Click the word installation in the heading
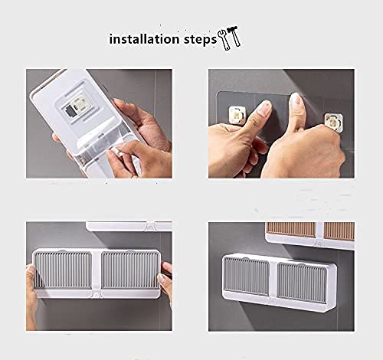(144, 39)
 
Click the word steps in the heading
(200, 40)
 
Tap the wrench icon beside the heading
(224, 40)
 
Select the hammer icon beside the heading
(234, 36)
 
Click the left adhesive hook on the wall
(237, 115)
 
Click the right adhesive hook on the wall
(333, 122)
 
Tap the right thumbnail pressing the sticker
(295, 100)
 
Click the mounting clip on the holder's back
(79, 105)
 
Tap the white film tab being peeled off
(116, 151)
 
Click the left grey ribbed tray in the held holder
(63, 270)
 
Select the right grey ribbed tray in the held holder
(130, 270)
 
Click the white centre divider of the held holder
(97, 273)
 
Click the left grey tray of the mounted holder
(246, 275)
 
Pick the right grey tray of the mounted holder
(302, 282)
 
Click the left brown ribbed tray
(291, 229)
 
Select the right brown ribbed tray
(339, 231)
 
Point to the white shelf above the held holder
(129, 227)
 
